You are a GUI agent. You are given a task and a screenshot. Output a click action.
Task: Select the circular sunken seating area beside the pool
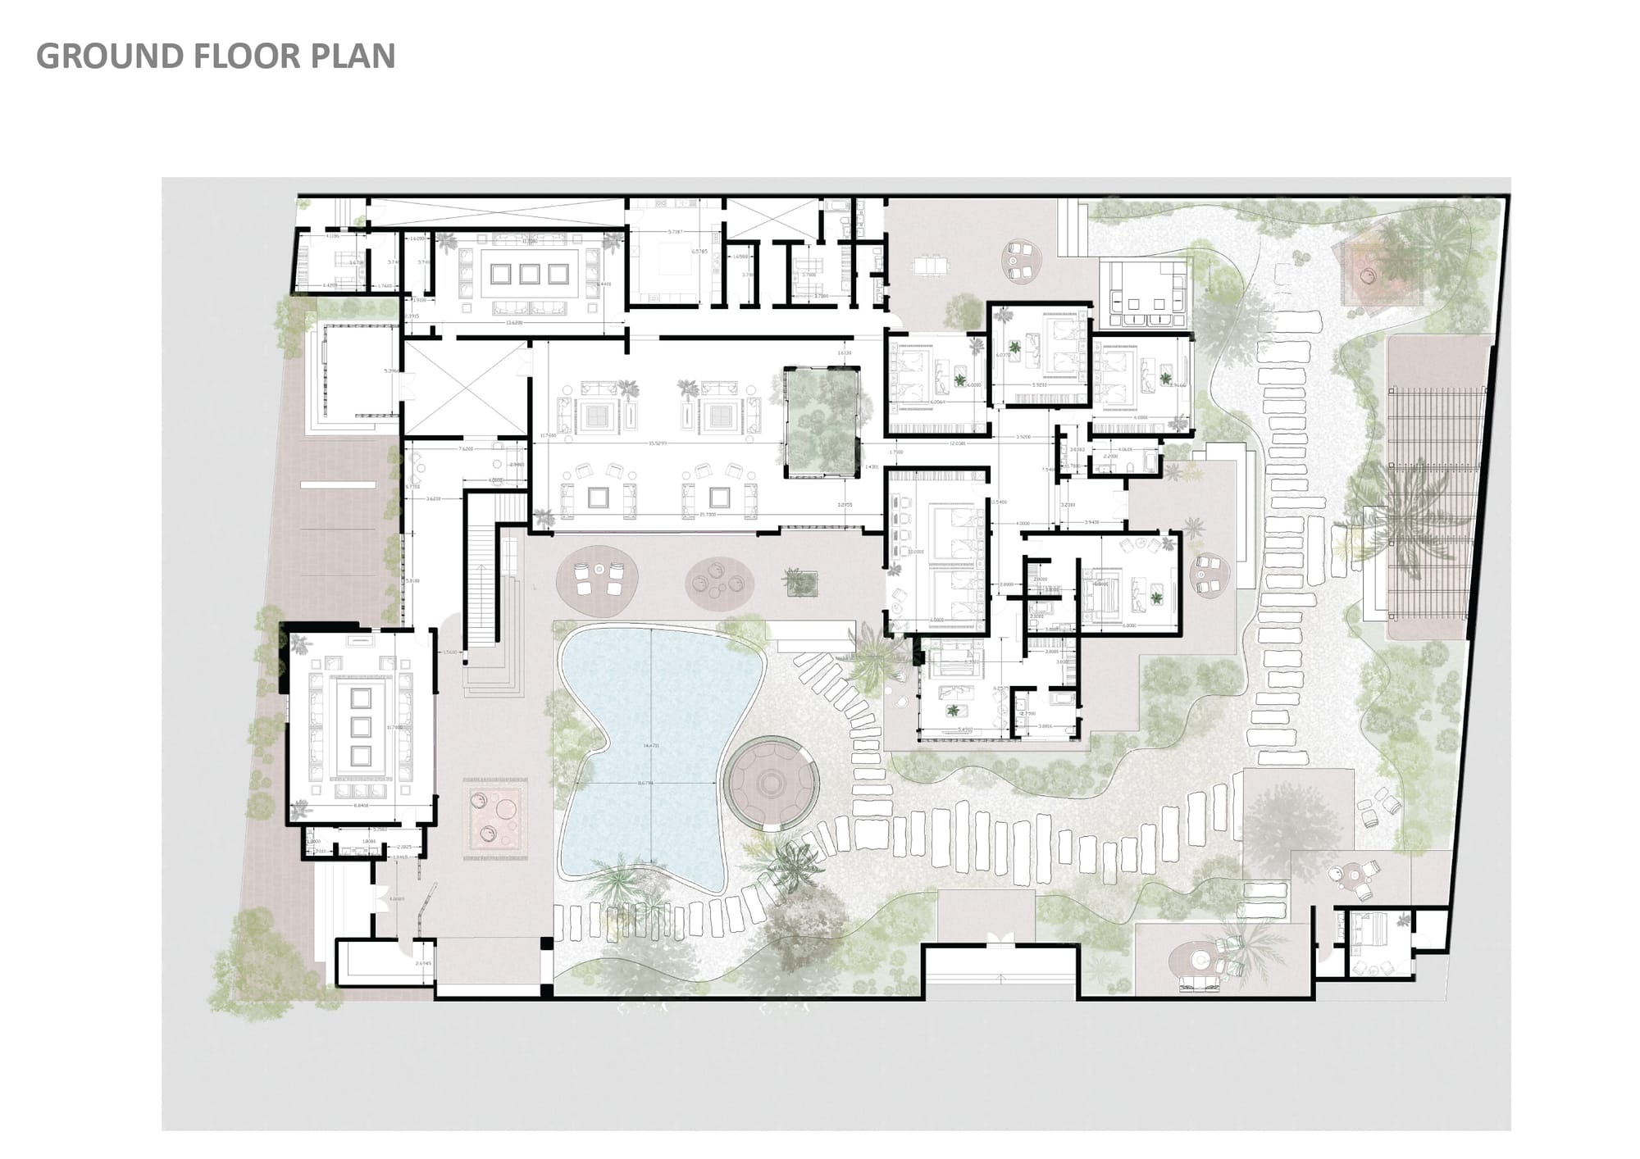772,783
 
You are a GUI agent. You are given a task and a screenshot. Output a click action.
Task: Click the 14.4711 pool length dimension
651,745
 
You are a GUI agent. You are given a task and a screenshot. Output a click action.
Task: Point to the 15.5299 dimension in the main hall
657,443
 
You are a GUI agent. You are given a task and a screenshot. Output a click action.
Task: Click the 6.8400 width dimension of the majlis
360,805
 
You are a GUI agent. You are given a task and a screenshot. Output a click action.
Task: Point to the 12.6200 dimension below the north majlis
514,323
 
